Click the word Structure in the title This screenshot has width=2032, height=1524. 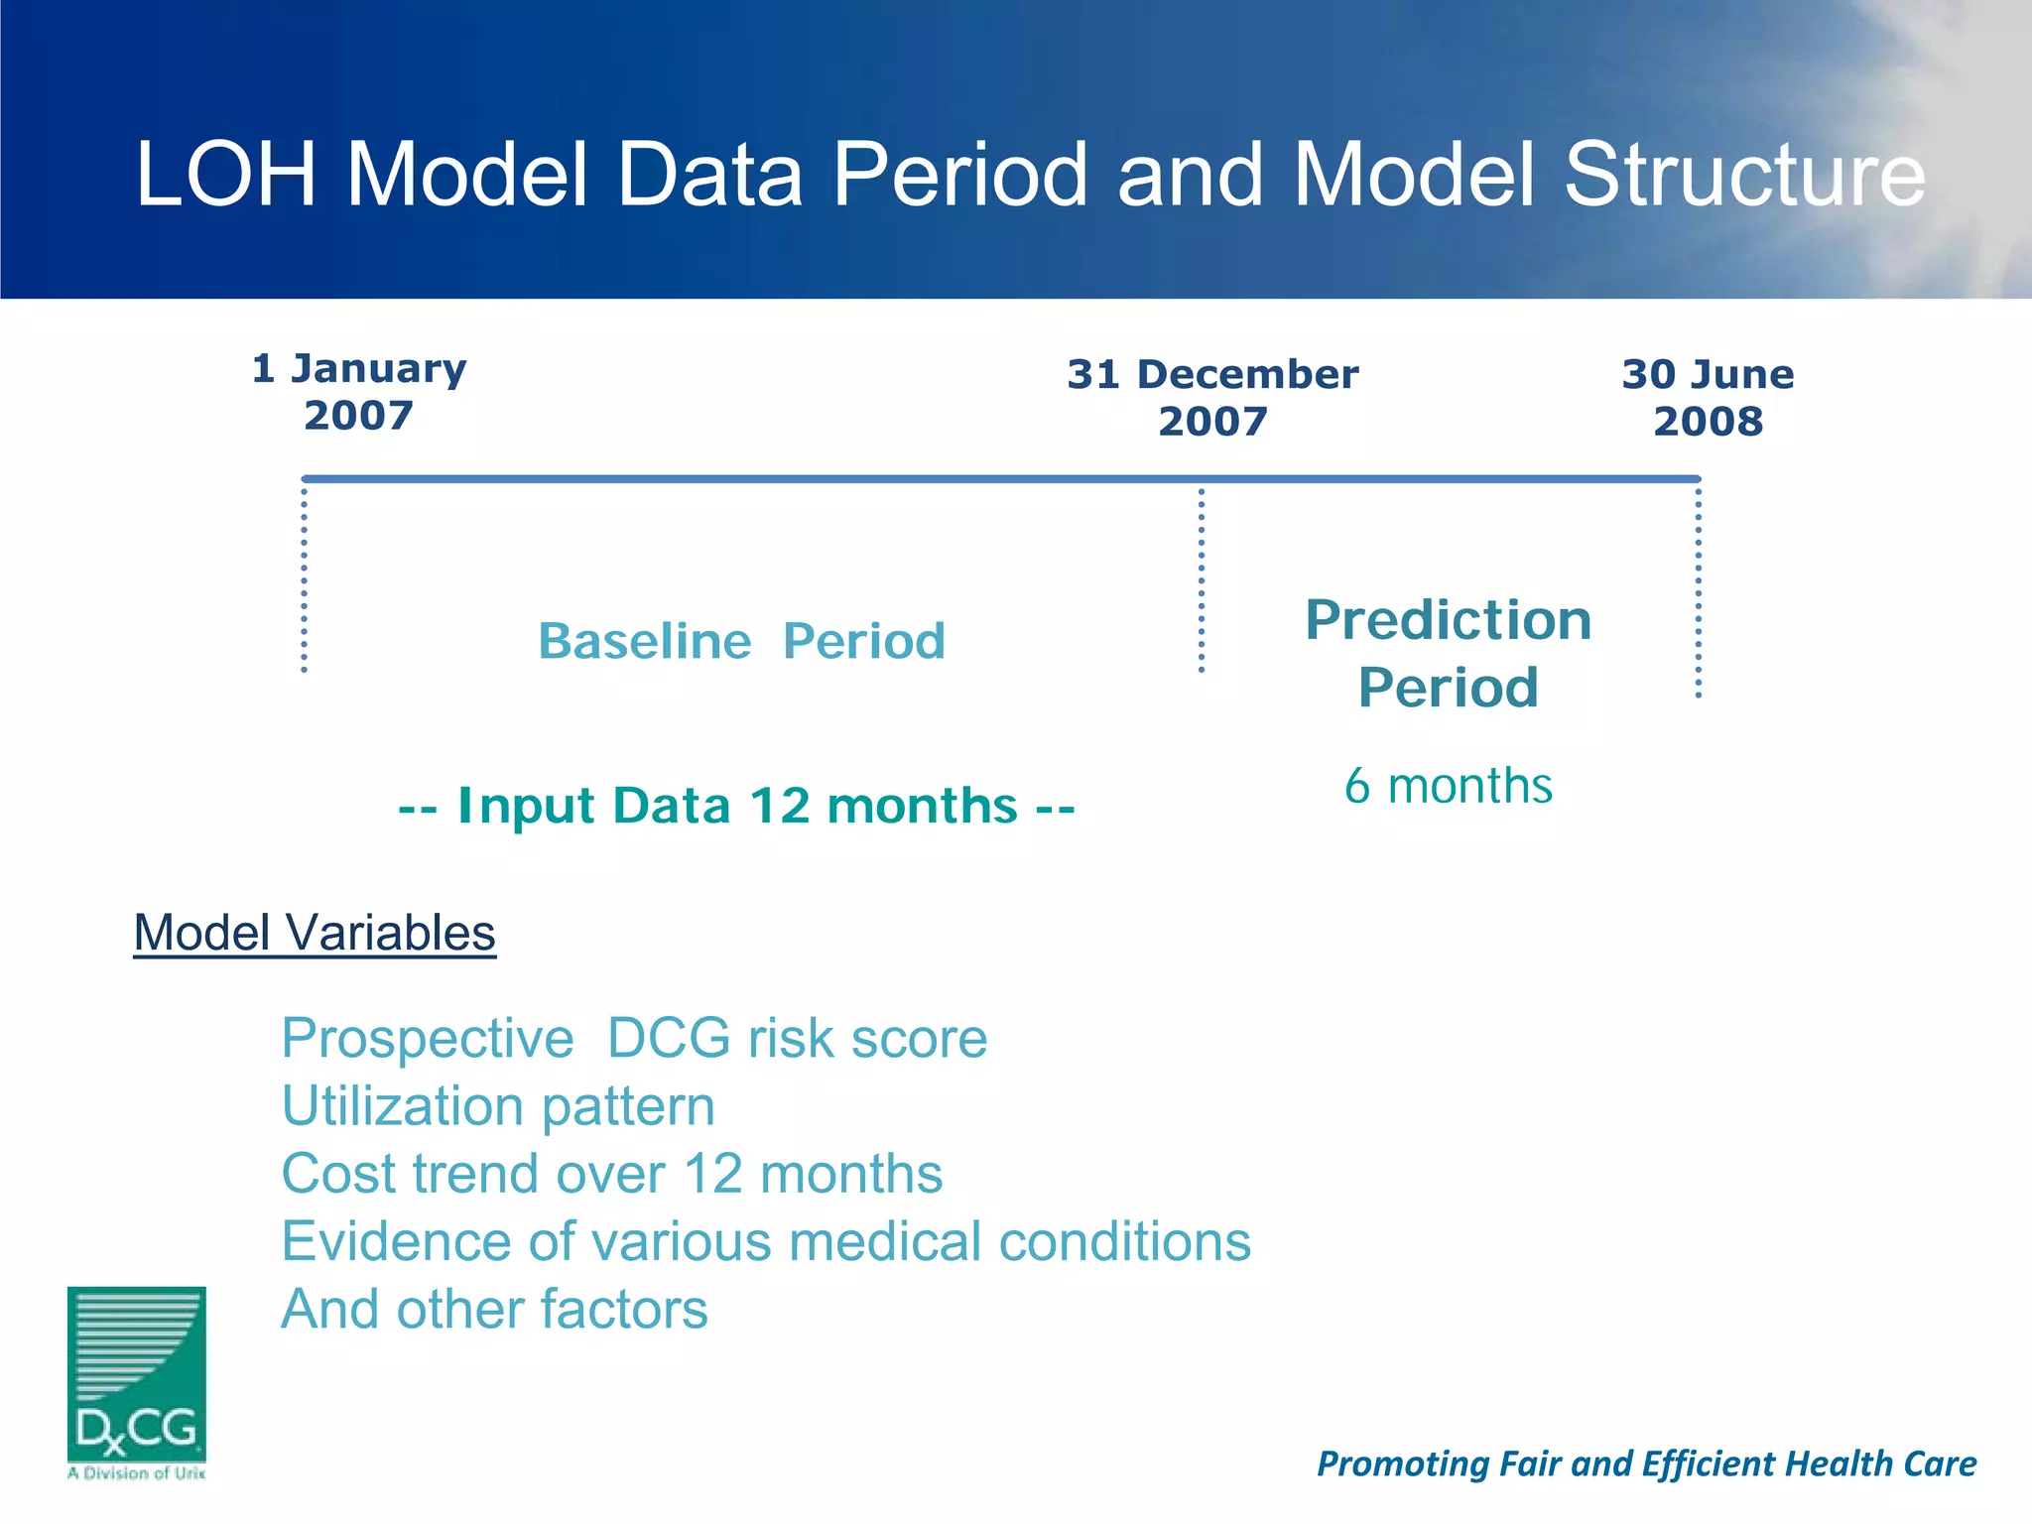point(1744,176)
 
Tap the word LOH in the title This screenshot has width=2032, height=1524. point(226,176)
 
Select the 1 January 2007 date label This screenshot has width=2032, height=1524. point(358,392)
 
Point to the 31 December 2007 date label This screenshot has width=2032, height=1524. point(1212,398)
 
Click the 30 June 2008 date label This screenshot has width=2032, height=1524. point(1708,398)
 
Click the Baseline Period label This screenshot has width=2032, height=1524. point(741,641)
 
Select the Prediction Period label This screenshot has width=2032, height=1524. point(1448,653)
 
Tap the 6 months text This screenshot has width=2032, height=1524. point(1448,786)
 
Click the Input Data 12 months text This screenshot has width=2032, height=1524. point(736,806)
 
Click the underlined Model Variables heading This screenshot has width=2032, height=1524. point(315,933)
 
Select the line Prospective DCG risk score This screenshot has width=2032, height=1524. point(634,1039)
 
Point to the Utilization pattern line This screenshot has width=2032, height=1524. point(498,1106)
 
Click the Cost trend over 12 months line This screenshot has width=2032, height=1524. point(611,1174)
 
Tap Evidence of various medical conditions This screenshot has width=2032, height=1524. point(766,1241)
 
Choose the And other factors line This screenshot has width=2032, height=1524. point(494,1309)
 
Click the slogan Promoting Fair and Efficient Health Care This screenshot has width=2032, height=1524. point(1646,1463)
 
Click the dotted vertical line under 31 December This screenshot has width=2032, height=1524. point(1202,580)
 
